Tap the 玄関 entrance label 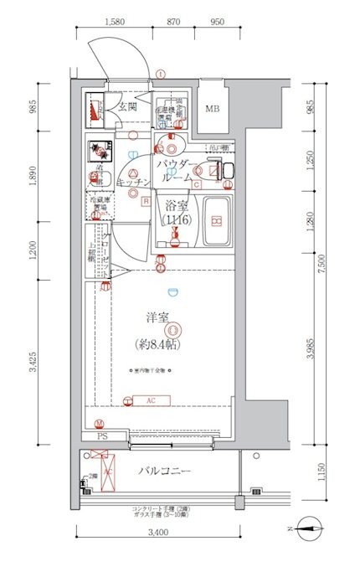pyautogui.click(x=127, y=106)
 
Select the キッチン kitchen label pyautogui.click(x=133, y=182)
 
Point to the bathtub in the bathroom pyautogui.click(x=217, y=222)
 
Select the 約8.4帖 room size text pyautogui.click(x=158, y=343)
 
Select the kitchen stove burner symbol pyautogui.click(x=100, y=151)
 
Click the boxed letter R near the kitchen pyautogui.click(x=146, y=201)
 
